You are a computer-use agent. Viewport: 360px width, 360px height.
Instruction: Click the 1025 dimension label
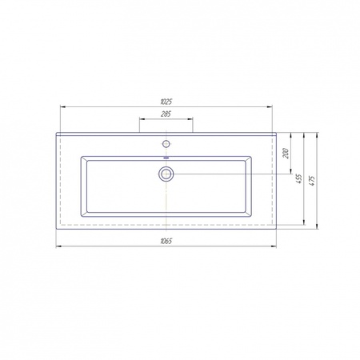[166, 102]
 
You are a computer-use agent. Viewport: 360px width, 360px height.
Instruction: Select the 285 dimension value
[166, 114]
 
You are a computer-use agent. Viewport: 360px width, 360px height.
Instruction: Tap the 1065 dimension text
[166, 242]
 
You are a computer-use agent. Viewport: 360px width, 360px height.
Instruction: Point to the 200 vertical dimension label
[286, 154]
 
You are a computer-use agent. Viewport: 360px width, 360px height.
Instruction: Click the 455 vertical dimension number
[299, 178]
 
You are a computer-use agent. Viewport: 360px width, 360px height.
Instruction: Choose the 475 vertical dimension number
[313, 181]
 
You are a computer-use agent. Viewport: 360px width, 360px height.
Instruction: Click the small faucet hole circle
[166, 144]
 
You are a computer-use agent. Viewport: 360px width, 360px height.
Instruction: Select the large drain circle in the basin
[166, 174]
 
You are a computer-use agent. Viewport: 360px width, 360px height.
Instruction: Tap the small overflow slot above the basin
[166, 158]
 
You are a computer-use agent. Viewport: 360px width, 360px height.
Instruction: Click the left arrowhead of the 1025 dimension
[62, 107]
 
